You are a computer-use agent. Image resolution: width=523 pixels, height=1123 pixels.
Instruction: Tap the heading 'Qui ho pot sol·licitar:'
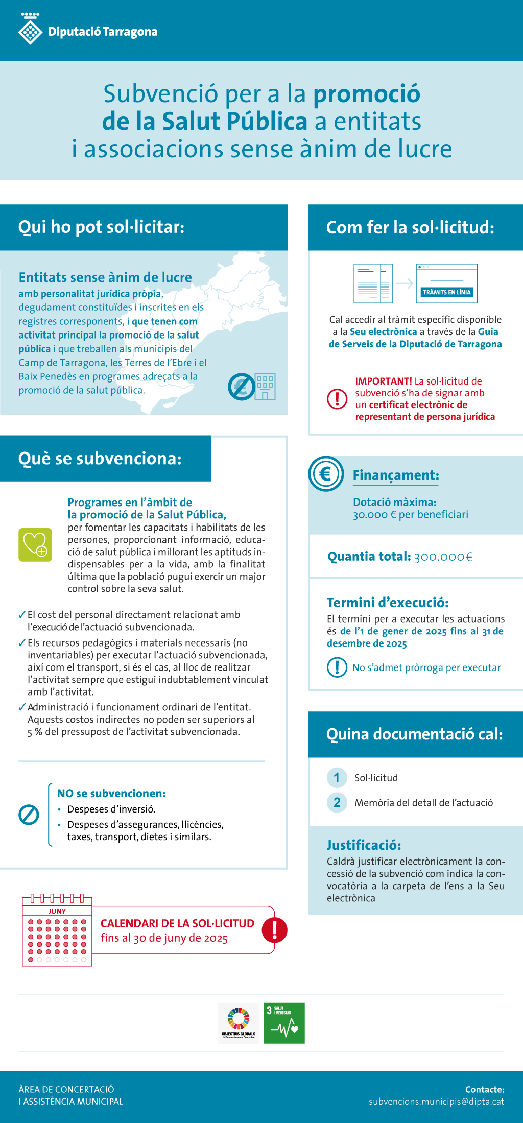click(101, 227)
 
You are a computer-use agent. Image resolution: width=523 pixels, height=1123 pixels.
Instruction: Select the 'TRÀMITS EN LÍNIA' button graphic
click(447, 292)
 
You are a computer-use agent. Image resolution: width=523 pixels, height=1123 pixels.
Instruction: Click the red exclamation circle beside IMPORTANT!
click(337, 398)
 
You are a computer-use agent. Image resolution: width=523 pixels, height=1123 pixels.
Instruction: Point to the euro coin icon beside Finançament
click(326, 474)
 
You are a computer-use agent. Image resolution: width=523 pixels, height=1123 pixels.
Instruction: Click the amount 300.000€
click(443, 557)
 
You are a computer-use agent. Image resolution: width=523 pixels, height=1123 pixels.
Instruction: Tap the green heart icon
click(35, 545)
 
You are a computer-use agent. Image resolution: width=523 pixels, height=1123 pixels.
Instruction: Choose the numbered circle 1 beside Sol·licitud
click(337, 778)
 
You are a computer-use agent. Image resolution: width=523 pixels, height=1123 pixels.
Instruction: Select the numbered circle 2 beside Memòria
click(337, 802)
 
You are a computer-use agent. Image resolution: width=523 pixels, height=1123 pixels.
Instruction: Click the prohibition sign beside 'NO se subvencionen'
click(29, 815)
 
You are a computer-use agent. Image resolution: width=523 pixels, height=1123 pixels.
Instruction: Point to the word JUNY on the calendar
click(57, 911)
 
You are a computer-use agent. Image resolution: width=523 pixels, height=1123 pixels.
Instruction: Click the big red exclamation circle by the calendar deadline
click(275, 930)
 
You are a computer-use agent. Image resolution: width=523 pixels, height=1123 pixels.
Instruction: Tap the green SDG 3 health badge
click(284, 1023)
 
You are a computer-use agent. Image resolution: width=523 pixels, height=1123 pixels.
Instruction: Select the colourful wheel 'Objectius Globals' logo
click(239, 1023)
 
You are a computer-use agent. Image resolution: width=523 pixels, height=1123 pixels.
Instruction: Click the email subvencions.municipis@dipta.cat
click(437, 1102)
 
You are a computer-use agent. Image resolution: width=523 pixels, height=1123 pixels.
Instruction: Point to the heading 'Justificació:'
click(364, 845)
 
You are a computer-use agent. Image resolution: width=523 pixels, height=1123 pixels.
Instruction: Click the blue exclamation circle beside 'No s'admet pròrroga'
click(337, 667)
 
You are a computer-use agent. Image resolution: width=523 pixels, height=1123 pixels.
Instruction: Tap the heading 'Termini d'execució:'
click(388, 603)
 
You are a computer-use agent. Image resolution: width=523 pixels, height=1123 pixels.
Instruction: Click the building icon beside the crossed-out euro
click(265, 387)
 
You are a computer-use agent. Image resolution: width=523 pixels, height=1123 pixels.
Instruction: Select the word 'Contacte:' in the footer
click(485, 1089)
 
